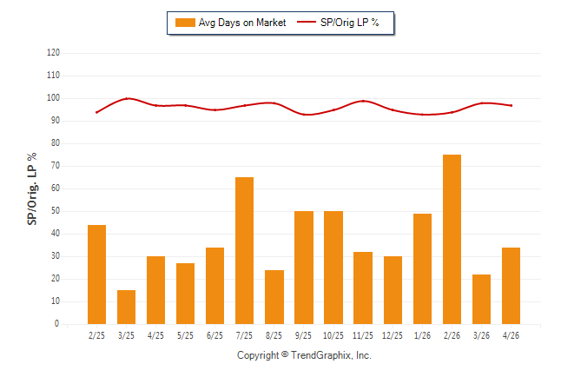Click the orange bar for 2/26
[x=452, y=239]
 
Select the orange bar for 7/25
[x=244, y=251]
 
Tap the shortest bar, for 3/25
[x=126, y=307]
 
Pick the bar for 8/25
[x=274, y=297]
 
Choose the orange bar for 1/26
[x=423, y=269]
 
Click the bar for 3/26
[x=482, y=300]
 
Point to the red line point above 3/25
[x=127, y=98]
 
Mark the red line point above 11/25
[x=363, y=101]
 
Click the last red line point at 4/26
[x=511, y=105]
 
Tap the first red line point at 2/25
[x=96, y=112]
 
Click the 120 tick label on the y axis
[x=53, y=53]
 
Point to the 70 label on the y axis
[x=56, y=166]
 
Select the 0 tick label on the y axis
[x=57, y=324]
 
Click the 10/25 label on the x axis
[x=333, y=335]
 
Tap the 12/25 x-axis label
[x=393, y=335]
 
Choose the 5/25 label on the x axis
[x=185, y=335]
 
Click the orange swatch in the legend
[x=185, y=23]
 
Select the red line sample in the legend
[x=307, y=22]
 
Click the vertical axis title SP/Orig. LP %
[x=32, y=189]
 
